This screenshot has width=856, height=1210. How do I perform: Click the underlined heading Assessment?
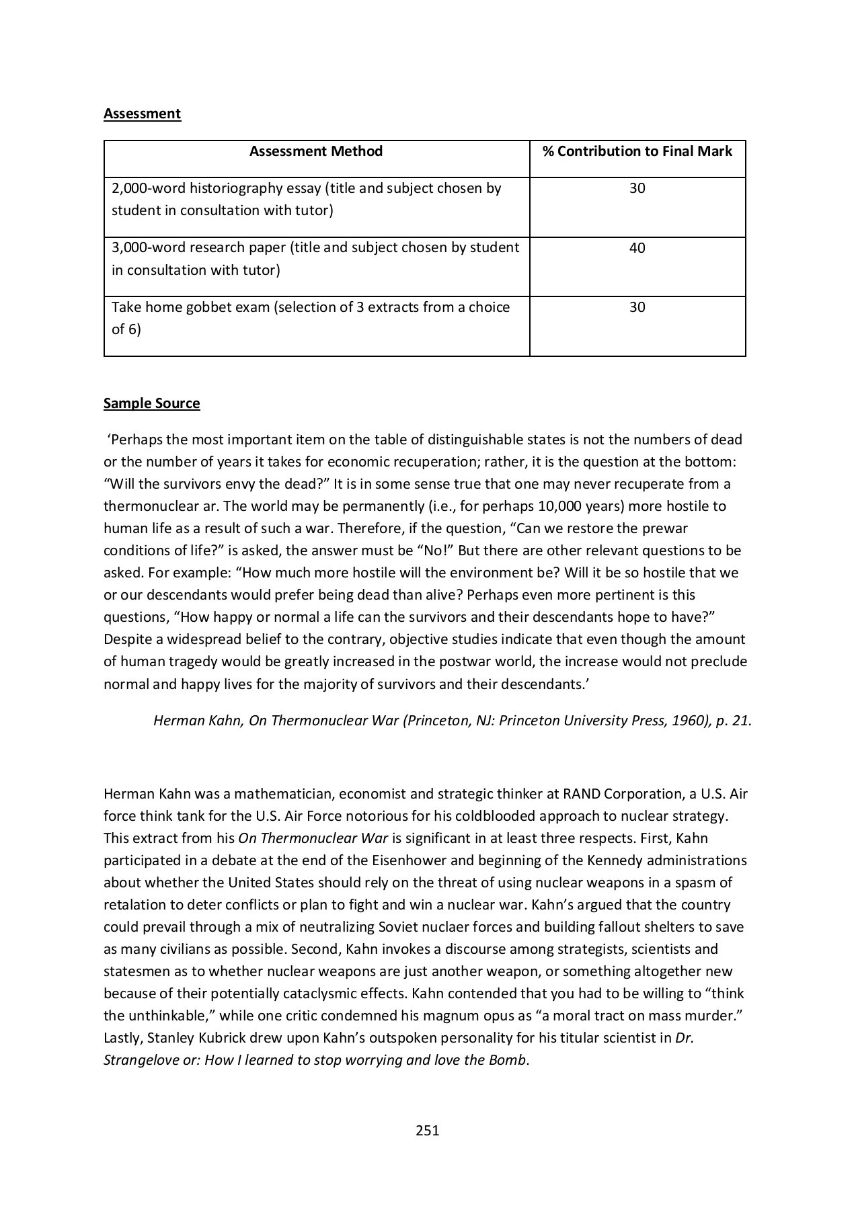coord(142,114)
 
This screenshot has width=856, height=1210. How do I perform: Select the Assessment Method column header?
coord(315,151)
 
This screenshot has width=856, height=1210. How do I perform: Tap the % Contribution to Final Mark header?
coord(637,151)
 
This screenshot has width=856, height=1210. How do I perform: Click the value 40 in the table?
coord(637,248)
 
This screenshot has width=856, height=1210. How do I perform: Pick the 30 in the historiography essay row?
coord(637,188)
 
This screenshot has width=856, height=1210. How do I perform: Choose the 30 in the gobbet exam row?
coord(637,307)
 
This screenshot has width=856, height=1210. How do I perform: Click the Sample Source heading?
coord(151,403)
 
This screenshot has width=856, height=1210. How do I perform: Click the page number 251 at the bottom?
coord(427,1131)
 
